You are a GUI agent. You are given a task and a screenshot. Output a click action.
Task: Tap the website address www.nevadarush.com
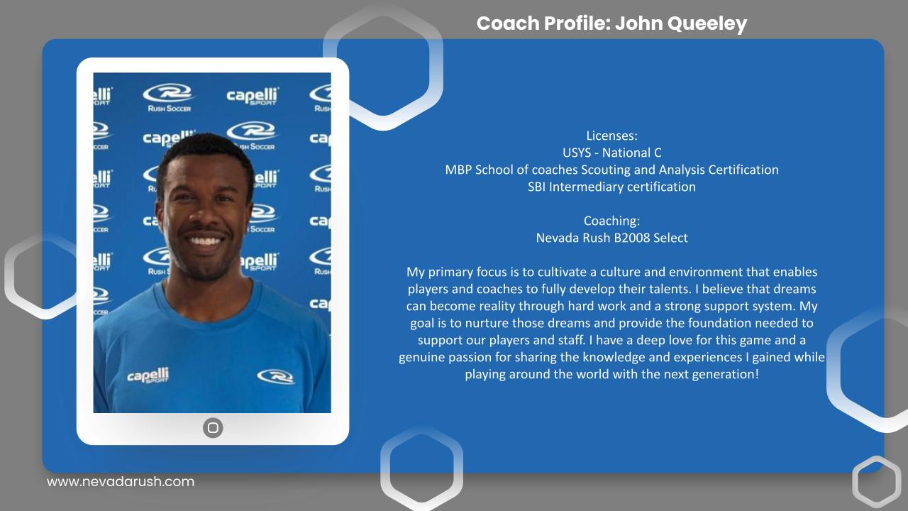click(x=121, y=481)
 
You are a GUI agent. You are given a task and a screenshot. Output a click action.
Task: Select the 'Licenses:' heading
click(x=611, y=136)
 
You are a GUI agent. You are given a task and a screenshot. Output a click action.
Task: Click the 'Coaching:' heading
click(x=611, y=221)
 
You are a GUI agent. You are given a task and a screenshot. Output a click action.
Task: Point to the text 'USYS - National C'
click(x=611, y=153)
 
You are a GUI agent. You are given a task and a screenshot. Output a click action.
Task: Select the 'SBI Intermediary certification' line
click(x=611, y=187)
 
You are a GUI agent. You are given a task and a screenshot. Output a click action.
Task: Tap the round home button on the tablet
click(x=213, y=427)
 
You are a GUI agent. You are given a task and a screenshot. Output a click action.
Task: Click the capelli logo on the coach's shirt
click(x=148, y=375)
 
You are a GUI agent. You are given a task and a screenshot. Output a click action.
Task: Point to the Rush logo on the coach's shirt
click(x=276, y=376)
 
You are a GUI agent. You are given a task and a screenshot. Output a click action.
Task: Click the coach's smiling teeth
click(x=206, y=241)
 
